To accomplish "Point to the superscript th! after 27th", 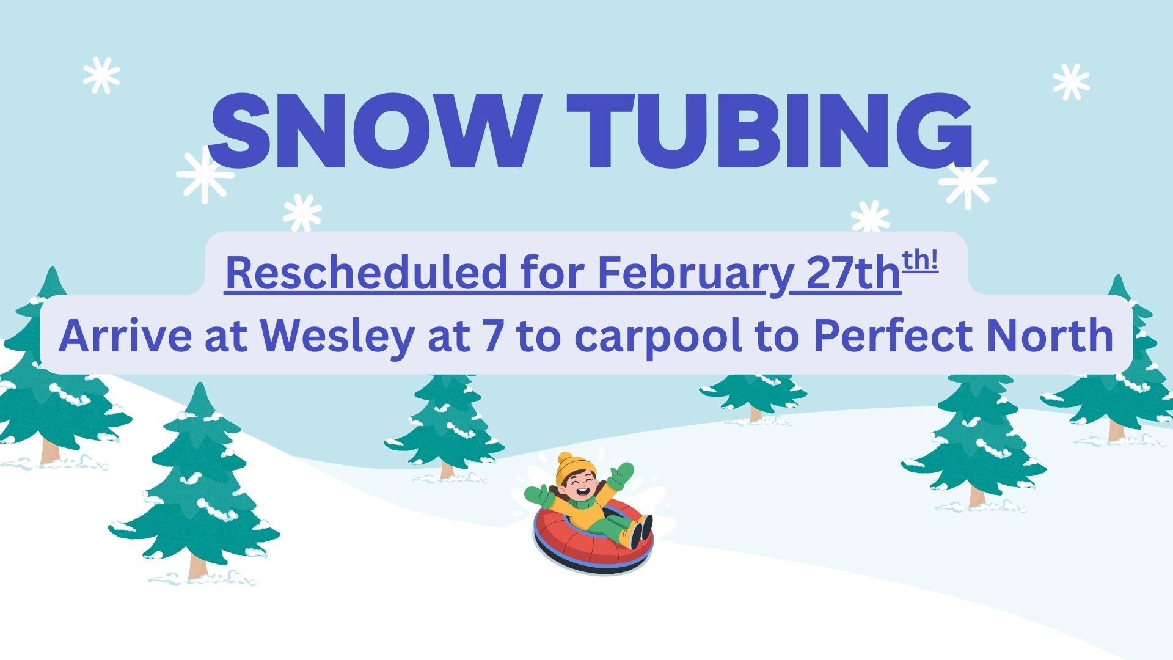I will pyautogui.click(x=920, y=262).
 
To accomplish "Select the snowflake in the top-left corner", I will pyautogui.click(x=101, y=75).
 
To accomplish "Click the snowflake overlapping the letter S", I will pyautogui.click(x=205, y=175).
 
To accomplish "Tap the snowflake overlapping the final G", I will pyautogui.click(x=967, y=182).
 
